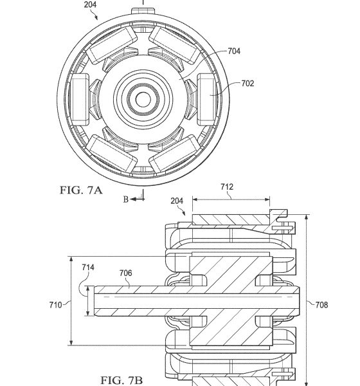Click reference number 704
pyautogui.click(x=234, y=51)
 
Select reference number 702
pyautogui.click(x=248, y=84)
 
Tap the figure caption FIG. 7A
pyautogui.click(x=81, y=190)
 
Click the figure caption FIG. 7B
pyautogui.click(x=122, y=380)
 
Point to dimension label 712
pyautogui.click(x=227, y=187)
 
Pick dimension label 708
pyautogui.click(x=321, y=305)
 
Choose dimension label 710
pyautogui.click(x=56, y=305)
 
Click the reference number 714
pyautogui.click(x=88, y=267)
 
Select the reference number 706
pyautogui.click(x=126, y=273)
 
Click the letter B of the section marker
pyautogui.click(x=126, y=199)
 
